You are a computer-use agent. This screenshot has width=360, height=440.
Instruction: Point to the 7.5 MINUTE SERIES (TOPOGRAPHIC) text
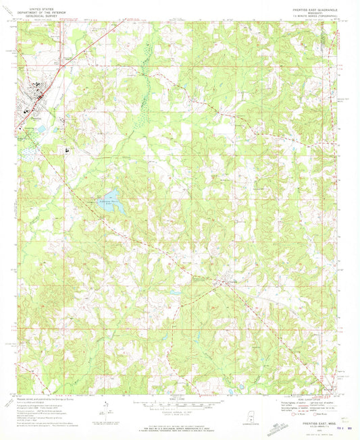coord(310,13)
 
